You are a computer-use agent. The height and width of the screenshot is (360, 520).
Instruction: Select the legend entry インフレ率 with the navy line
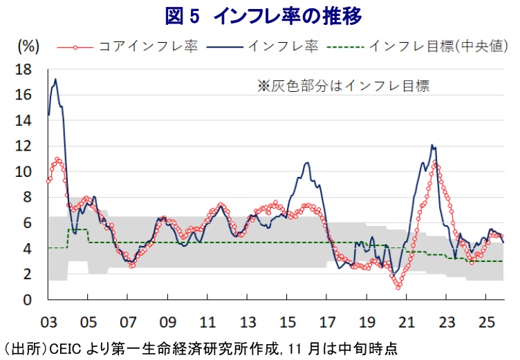pos(282,46)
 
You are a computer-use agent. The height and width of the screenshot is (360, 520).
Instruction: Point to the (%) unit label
pos(27,46)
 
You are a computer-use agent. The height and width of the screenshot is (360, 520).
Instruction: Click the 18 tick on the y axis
pos(24,69)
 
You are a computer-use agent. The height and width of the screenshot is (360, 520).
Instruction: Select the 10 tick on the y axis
pos(24,171)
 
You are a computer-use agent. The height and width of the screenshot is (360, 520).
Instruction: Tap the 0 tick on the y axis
pos(28,300)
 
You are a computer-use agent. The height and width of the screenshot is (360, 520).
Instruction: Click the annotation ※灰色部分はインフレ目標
pos(344,86)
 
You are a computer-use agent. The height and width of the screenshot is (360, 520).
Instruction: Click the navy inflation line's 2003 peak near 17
pos(55,79)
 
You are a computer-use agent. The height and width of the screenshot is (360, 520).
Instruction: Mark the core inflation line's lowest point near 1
pos(398,287)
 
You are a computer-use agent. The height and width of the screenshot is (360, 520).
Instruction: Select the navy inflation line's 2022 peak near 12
pos(432,145)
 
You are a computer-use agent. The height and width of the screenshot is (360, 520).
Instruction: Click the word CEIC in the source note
pos(63,348)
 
